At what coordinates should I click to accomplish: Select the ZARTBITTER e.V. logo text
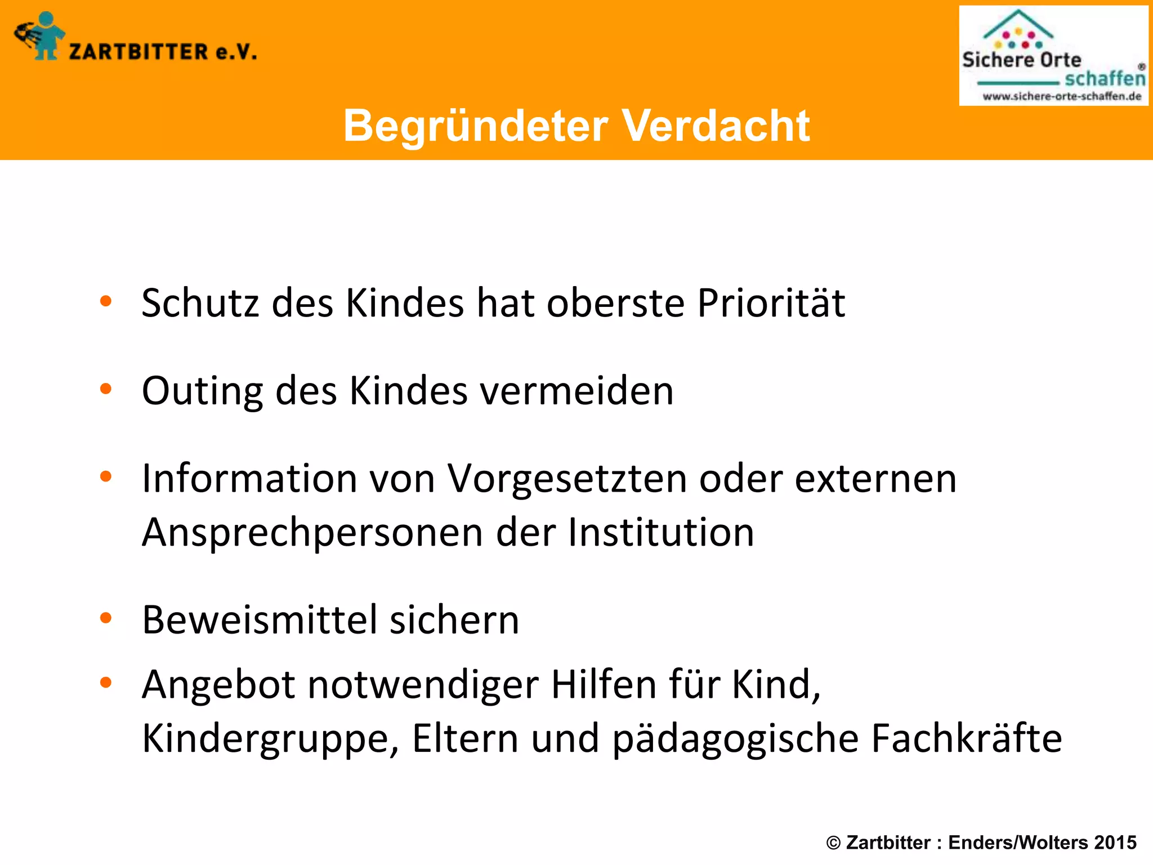click(163, 52)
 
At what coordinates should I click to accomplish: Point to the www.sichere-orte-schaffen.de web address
click(1062, 96)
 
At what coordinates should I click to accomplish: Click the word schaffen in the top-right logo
click(1105, 78)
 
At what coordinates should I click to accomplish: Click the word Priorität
click(771, 304)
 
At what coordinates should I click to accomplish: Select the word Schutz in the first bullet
click(200, 304)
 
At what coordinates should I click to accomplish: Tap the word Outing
click(202, 391)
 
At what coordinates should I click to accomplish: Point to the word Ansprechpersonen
click(312, 533)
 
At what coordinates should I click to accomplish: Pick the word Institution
click(661, 533)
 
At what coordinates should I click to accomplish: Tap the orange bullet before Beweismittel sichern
click(106, 618)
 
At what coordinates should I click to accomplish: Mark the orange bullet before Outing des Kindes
click(106, 389)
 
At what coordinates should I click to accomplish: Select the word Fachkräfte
click(966, 738)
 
